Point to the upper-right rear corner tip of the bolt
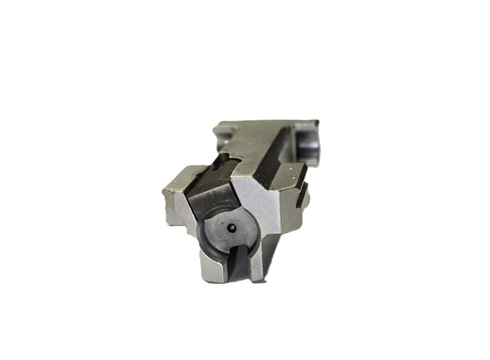coord(317,123)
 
